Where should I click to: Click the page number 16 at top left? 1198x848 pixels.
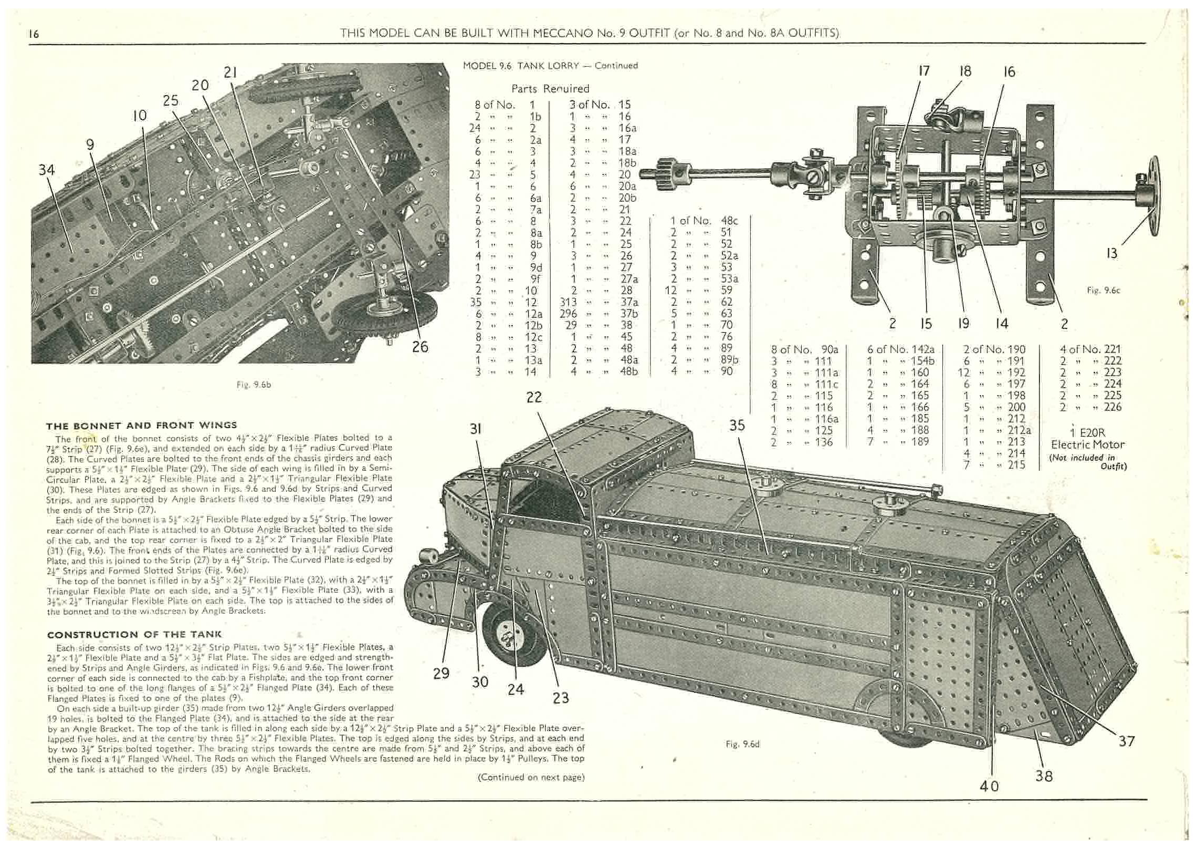[34, 34]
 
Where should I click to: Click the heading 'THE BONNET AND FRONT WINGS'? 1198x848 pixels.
[141, 425]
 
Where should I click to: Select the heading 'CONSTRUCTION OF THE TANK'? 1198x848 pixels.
[134, 634]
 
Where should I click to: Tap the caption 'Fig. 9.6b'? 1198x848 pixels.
[254, 385]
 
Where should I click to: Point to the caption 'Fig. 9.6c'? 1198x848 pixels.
[1104, 290]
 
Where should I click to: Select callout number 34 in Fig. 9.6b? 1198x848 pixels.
[46, 170]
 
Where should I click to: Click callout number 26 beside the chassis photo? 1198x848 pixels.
[420, 347]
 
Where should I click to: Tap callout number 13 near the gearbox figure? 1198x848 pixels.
[1111, 254]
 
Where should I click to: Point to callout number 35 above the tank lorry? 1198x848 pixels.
[737, 426]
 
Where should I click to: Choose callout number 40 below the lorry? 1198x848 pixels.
[989, 786]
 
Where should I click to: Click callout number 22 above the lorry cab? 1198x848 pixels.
[533, 397]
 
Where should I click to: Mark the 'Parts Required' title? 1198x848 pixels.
[550, 89]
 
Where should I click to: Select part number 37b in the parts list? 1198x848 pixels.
[629, 314]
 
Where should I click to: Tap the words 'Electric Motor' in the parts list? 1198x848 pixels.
[1087, 444]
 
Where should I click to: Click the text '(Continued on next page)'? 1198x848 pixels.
[531, 777]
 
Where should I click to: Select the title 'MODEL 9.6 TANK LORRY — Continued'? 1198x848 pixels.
[550, 66]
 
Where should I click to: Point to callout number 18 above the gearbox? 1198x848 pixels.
[965, 71]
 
